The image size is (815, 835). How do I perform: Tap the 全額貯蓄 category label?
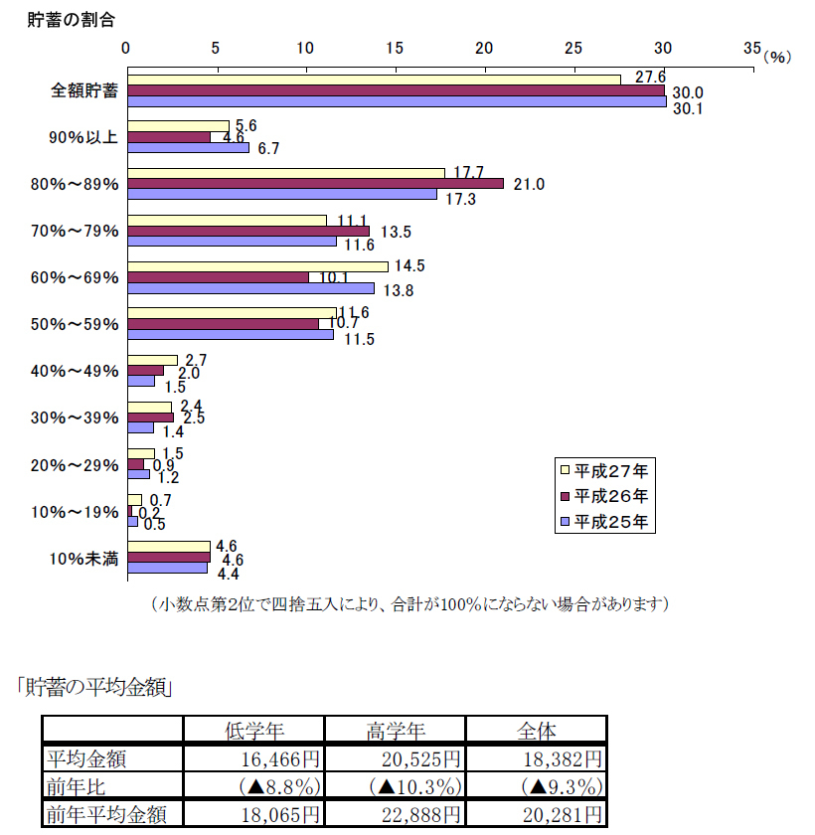pos(84,91)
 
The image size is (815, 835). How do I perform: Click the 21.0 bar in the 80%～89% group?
pos(316,184)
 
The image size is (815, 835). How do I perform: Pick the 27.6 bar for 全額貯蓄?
pos(375,80)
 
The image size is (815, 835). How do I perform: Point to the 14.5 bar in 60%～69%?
pos(258,265)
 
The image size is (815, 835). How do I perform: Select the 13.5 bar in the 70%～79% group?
pos(248,231)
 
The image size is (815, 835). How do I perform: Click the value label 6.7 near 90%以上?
pos(267,149)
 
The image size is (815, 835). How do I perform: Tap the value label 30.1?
pos(687,109)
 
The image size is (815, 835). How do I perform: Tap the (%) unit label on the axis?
pos(776,58)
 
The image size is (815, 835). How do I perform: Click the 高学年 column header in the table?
pos(396,730)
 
